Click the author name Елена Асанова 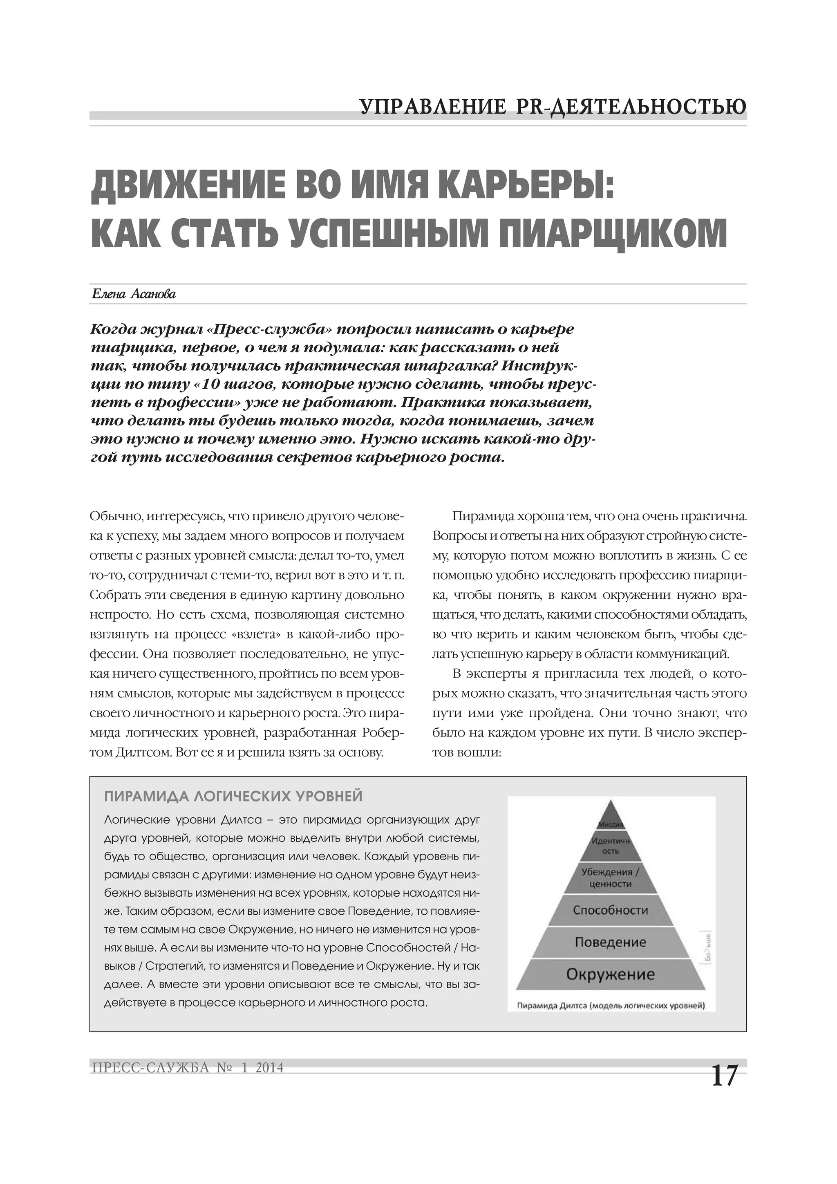[134, 294]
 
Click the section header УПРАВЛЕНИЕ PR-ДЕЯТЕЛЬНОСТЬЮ [553, 107]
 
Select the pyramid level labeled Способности [611, 910]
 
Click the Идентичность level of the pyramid [611, 846]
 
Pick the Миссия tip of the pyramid [611, 824]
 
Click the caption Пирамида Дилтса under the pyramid [611, 1005]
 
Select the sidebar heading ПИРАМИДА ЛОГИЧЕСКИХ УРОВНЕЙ [233, 797]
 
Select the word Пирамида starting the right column [477, 516]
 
